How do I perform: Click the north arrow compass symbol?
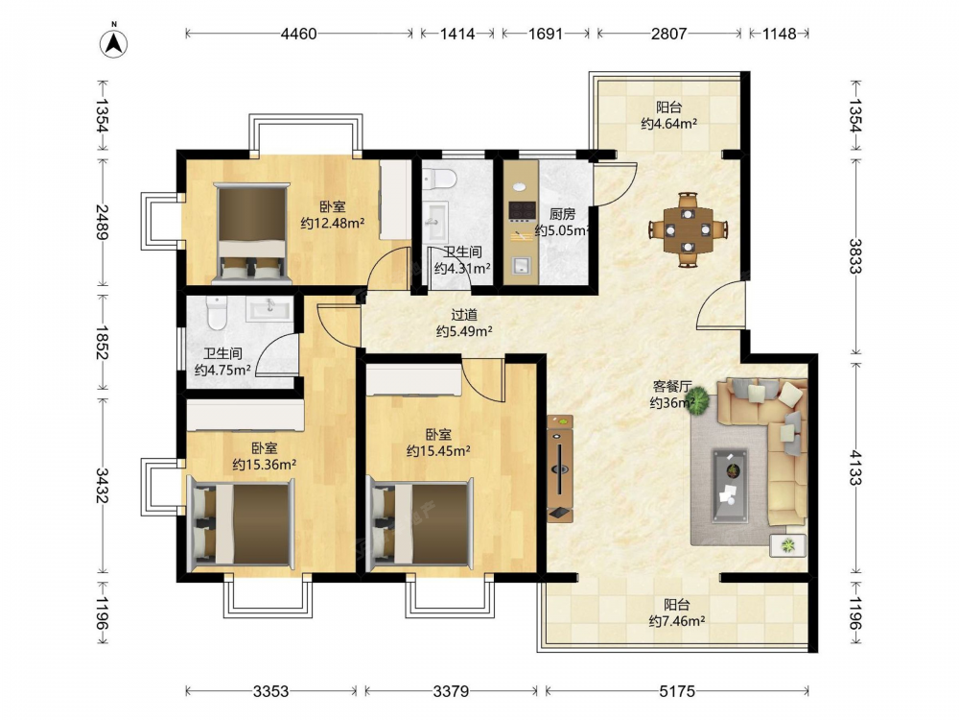point(114,43)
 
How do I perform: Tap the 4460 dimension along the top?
point(298,34)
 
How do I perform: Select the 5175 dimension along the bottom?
point(677,691)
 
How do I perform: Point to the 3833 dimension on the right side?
point(855,256)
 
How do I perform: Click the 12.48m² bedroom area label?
point(332,223)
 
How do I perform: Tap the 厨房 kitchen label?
point(562,214)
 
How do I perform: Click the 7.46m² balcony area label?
point(676,621)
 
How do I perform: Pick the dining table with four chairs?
point(688,230)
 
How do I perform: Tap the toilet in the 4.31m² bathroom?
point(439,179)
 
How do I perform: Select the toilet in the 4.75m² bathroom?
point(216,313)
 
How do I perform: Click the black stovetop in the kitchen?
point(523,211)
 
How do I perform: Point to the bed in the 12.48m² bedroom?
point(252,233)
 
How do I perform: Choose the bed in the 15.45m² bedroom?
point(421,523)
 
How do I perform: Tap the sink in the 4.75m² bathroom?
point(269,309)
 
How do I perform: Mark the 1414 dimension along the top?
point(456,34)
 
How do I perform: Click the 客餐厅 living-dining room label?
point(671,386)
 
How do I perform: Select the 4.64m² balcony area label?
point(669,124)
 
